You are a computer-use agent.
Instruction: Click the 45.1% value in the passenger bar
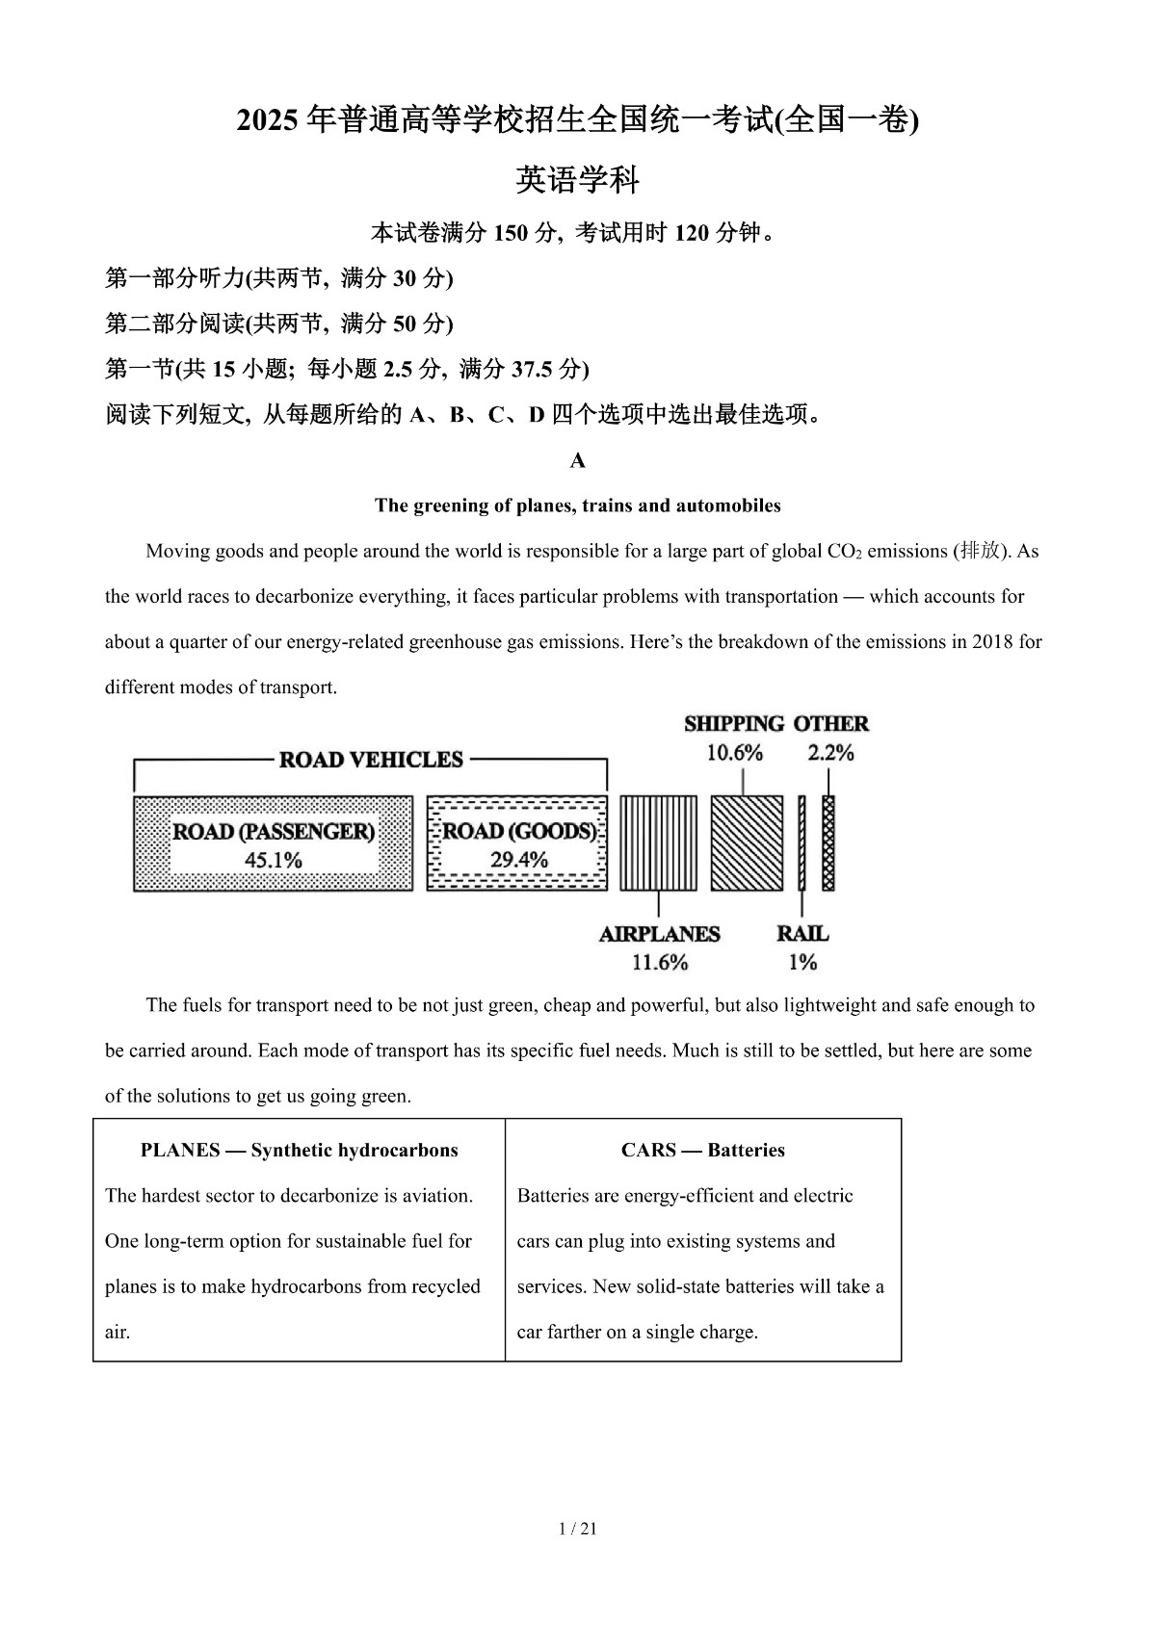click(273, 860)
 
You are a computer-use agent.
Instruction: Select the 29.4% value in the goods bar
click(518, 860)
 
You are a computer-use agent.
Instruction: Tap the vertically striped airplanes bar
click(658, 843)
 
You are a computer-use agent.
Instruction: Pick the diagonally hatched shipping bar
click(747, 843)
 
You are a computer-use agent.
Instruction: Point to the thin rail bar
click(801, 843)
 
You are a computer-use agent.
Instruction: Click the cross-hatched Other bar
click(828, 843)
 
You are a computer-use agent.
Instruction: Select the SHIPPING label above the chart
click(734, 724)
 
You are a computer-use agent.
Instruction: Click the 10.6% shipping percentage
click(735, 753)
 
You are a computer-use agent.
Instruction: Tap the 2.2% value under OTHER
click(830, 753)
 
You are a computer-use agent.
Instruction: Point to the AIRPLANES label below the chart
click(659, 934)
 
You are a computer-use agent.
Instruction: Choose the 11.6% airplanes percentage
click(660, 962)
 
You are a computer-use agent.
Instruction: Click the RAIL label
click(802, 934)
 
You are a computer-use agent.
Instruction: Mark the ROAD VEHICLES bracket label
click(371, 760)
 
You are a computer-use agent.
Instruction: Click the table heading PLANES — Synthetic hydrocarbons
click(299, 1150)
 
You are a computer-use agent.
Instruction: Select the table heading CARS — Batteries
click(702, 1150)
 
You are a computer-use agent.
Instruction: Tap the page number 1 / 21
click(578, 1528)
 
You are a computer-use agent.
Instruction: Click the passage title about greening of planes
click(578, 506)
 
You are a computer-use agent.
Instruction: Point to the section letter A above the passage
click(578, 461)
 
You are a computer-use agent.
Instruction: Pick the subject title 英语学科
click(578, 179)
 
